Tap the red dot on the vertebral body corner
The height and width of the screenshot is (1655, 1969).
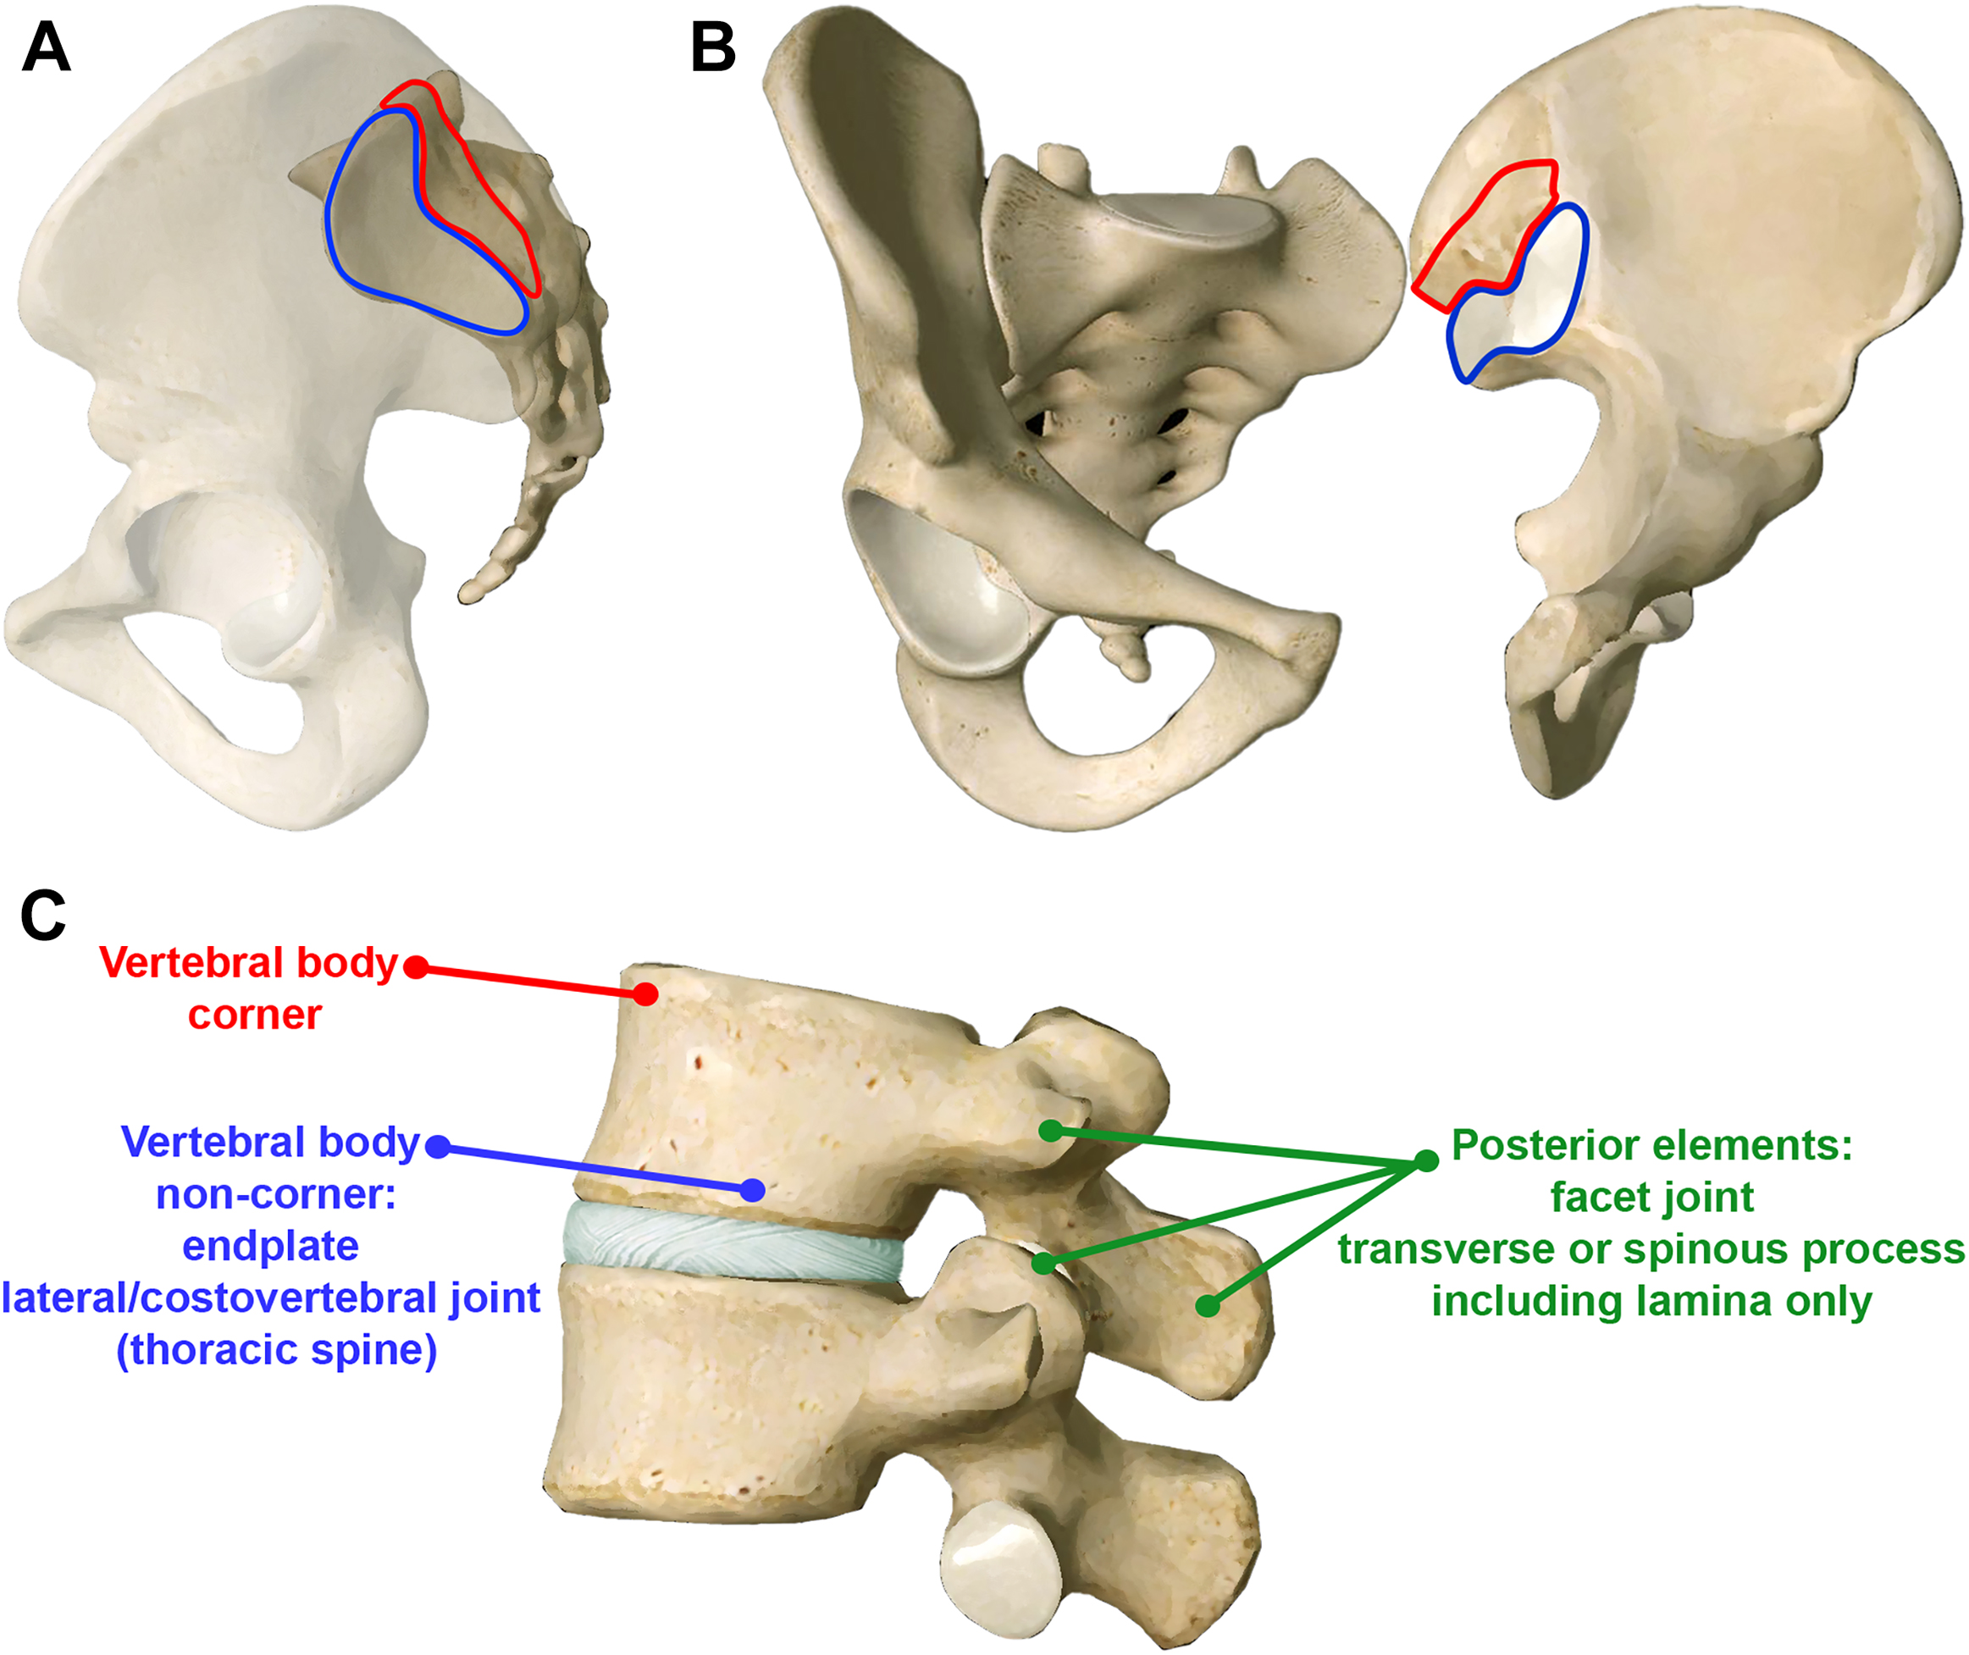pyautogui.click(x=645, y=994)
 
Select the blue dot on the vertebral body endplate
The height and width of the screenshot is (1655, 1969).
pyautogui.click(x=752, y=1191)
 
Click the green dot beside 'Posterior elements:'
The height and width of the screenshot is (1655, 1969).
pyautogui.click(x=1426, y=1160)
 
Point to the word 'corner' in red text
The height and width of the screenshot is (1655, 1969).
pyautogui.click(x=255, y=1016)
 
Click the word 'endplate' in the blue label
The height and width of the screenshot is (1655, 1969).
pyautogui.click(x=270, y=1247)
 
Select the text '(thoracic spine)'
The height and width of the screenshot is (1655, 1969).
pyautogui.click(x=277, y=1350)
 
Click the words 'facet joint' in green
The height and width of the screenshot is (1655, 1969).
pyautogui.click(x=1652, y=1197)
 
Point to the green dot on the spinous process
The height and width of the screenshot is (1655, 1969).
pyautogui.click(x=1209, y=1305)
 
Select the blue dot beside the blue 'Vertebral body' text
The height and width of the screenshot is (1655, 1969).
pyautogui.click(x=438, y=1147)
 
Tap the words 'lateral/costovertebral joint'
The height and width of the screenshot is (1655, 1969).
pyautogui.click(x=270, y=1298)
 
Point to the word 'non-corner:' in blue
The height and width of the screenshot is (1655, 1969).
pyautogui.click(x=276, y=1195)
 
